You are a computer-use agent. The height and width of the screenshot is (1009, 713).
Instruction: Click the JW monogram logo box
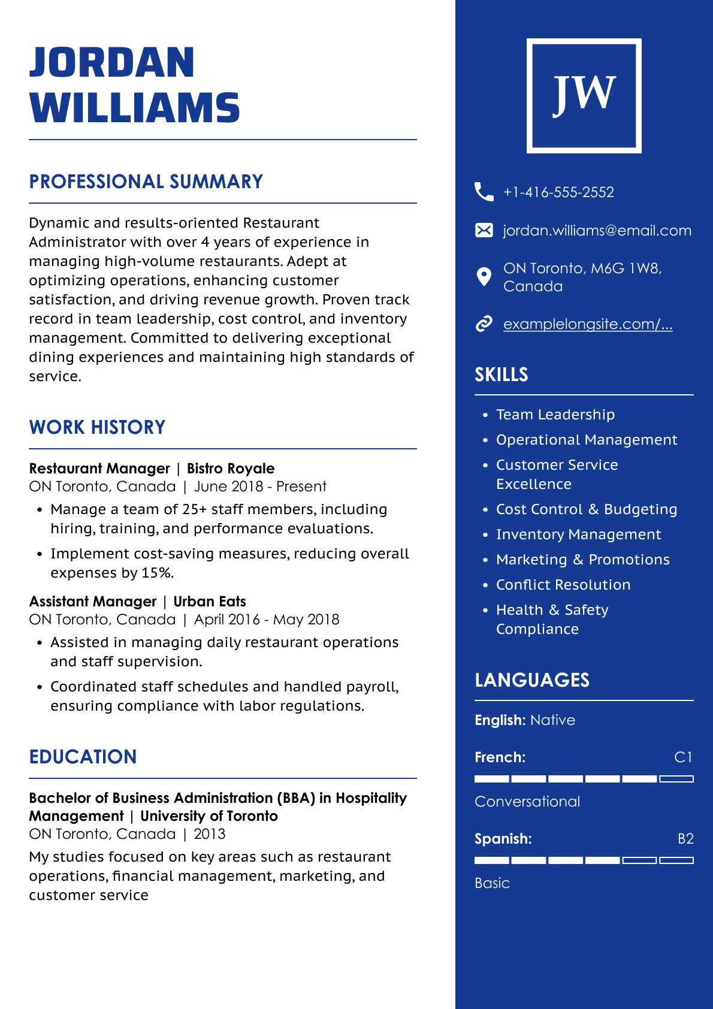tap(584, 96)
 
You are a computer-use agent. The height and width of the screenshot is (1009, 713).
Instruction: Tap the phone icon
tap(484, 192)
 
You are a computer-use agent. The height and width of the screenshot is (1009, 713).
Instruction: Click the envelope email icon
tap(484, 230)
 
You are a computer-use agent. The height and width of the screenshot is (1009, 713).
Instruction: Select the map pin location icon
tap(484, 277)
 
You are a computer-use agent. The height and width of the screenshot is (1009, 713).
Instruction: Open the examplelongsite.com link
tap(587, 324)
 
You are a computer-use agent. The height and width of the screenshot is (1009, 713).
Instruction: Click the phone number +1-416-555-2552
tap(558, 192)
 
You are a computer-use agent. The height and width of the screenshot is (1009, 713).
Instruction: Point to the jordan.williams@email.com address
tap(597, 231)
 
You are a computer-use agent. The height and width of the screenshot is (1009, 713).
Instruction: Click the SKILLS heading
tap(501, 375)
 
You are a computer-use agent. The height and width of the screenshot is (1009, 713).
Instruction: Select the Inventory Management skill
tap(578, 534)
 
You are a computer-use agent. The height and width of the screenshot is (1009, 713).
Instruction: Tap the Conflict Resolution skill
tap(563, 585)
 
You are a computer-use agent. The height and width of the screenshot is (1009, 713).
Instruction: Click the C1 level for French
tap(683, 757)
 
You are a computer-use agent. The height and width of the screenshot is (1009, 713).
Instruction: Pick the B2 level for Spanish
tap(685, 839)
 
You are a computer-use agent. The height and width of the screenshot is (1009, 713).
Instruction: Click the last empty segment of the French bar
tap(676, 779)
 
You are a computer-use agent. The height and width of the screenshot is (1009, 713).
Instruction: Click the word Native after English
tap(552, 720)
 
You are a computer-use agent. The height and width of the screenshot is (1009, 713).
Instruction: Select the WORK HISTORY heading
tap(97, 427)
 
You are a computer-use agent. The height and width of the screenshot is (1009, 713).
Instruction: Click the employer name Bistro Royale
tap(231, 469)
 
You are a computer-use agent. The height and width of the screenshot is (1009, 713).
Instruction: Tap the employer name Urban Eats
tap(210, 602)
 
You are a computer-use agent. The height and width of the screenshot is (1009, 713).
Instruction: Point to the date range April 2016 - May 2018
tap(267, 620)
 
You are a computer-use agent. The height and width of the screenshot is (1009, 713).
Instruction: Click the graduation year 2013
tap(210, 834)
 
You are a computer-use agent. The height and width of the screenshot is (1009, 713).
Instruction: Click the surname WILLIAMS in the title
tap(135, 108)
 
